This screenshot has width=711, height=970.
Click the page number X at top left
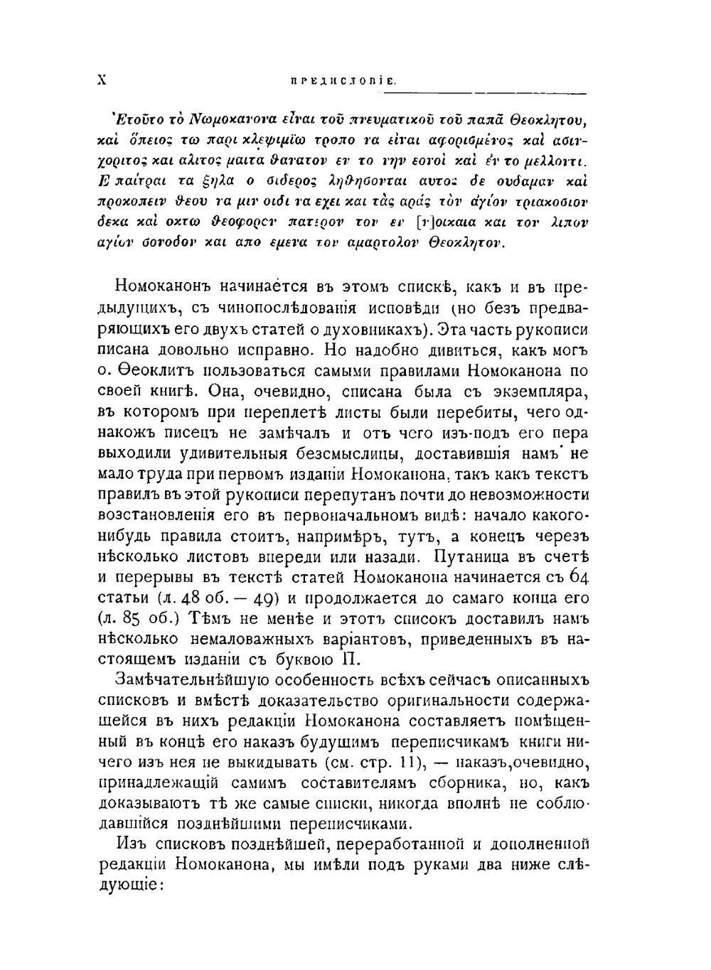click(x=101, y=81)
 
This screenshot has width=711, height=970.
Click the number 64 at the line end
click(x=579, y=577)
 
